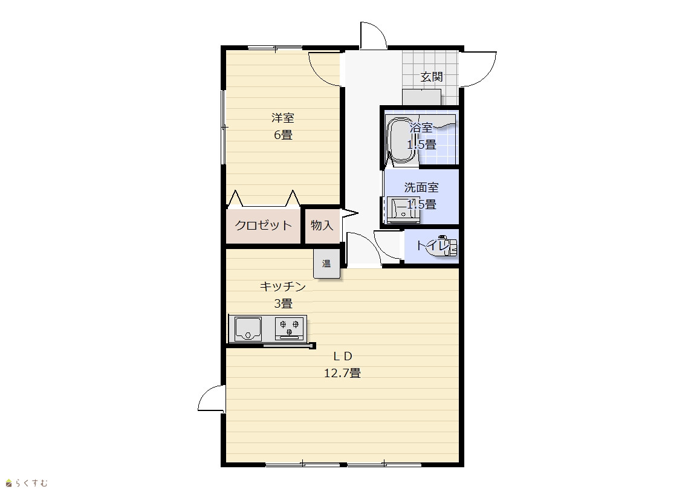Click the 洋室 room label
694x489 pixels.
click(x=283, y=118)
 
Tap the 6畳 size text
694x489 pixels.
click(x=283, y=135)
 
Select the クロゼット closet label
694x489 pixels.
click(x=264, y=225)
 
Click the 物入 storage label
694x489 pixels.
click(x=322, y=225)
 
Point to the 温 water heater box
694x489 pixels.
click(x=326, y=264)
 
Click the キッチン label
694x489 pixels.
click(x=283, y=287)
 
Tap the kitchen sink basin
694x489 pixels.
click(x=248, y=329)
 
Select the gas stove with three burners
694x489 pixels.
click(x=290, y=329)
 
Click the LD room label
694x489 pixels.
click(x=342, y=356)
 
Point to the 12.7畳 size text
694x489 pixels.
click(x=342, y=373)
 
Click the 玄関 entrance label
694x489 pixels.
click(x=432, y=77)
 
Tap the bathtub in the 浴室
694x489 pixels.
click(x=400, y=140)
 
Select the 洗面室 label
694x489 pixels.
click(x=421, y=187)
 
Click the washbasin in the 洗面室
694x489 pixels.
click(x=403, y=210)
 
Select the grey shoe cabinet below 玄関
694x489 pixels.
click(x=422, y=97)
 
